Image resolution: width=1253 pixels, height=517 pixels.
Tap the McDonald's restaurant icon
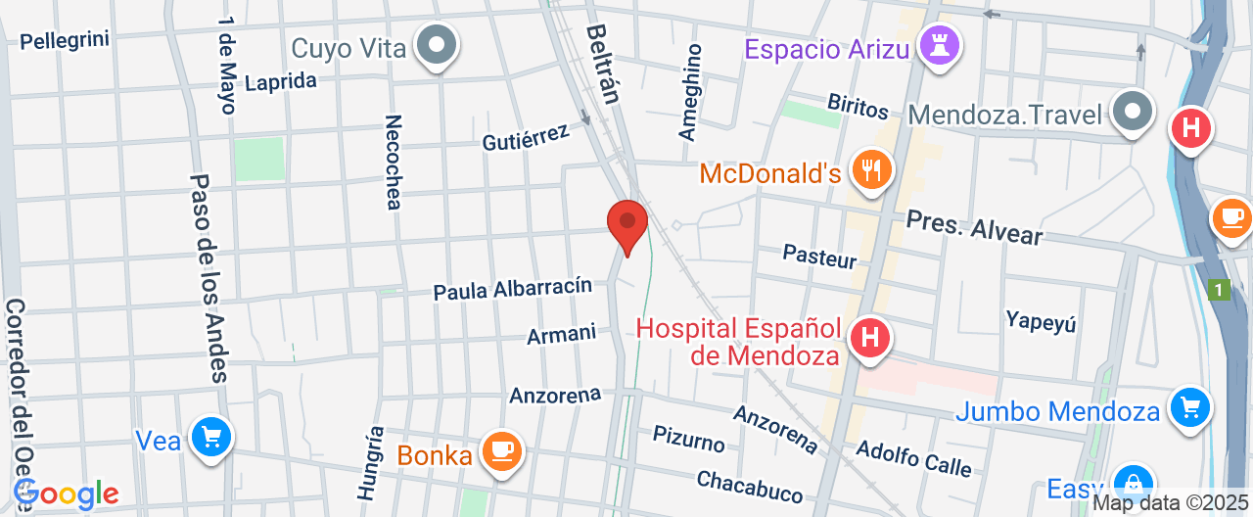click(870, 170)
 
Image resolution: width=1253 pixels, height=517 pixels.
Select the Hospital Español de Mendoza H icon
click(869, 339)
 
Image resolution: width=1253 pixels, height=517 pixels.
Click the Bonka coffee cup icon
click(503, 450)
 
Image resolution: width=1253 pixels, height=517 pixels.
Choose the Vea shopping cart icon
click(209, 436)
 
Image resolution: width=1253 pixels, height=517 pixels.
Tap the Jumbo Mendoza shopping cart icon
click(1190, 406)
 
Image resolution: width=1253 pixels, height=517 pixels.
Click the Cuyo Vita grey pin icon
click(436, 44)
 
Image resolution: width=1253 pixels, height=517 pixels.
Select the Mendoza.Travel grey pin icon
click(1134, 112)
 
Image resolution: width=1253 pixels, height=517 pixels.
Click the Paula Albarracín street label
click(513, 289)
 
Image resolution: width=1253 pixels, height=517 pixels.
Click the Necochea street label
click(393, 163)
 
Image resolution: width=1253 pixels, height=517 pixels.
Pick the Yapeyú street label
click(1041, 320)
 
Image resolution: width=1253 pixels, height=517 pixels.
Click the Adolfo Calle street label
click(913, 458)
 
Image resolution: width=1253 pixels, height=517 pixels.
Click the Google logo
click(67, 494)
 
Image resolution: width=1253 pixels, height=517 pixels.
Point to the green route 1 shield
click(1219, 290)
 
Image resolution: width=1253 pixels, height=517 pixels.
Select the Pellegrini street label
click(65, 40)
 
